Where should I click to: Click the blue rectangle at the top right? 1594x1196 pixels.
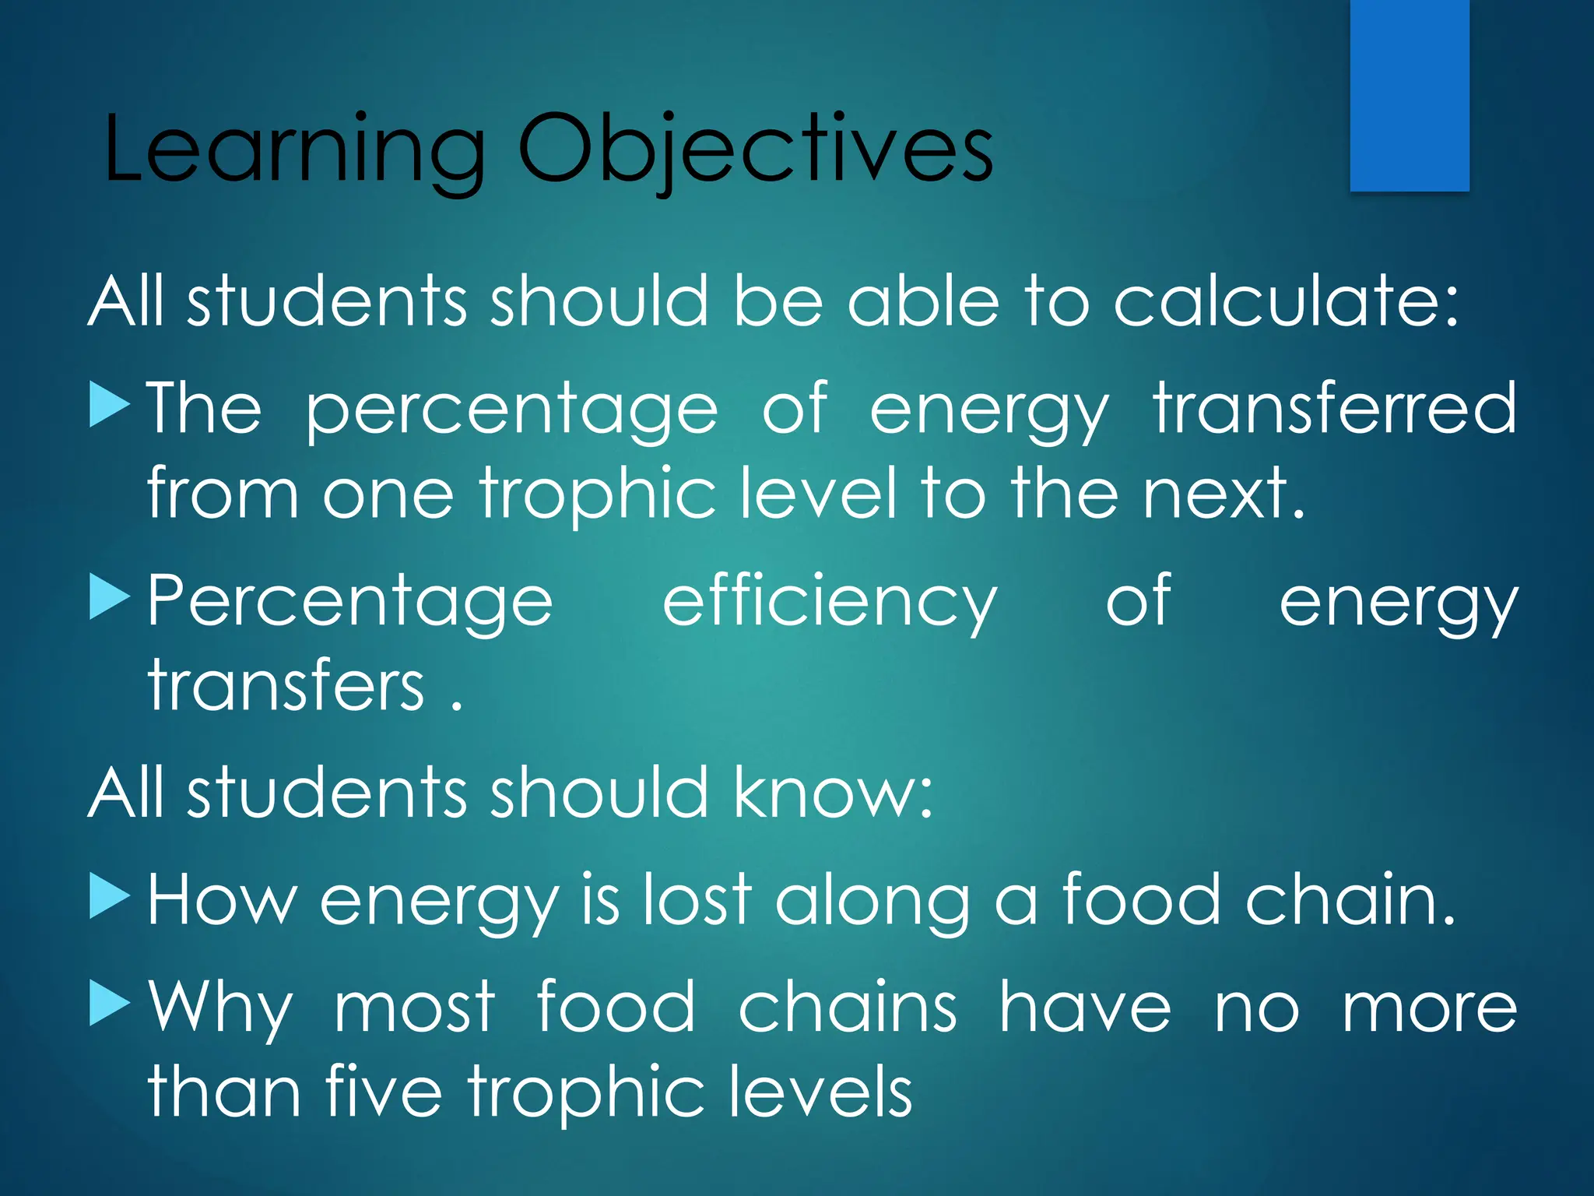point(1409,95)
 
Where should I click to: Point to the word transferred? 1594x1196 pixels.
point(1334,408)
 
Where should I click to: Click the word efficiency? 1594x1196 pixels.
point(829,602)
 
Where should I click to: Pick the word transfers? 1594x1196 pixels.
point(286,685)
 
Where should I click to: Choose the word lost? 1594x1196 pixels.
point(697,900)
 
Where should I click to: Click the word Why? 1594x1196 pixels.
point(220,1009)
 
